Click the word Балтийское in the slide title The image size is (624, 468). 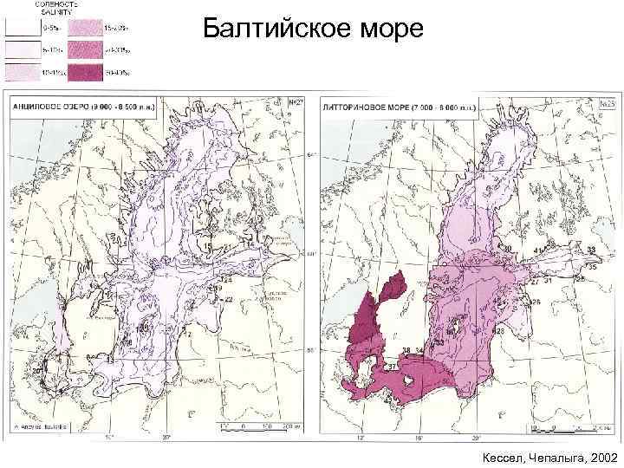[276, 31]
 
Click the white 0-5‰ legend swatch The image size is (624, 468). [18, 29]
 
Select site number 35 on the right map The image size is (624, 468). [593, 268]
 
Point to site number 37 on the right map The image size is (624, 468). [391, 367]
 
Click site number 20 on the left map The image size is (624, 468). [37, 370]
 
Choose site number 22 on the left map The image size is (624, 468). [229, 299]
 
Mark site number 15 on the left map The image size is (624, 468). [207, 248]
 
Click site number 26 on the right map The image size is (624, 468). [536, 302]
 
